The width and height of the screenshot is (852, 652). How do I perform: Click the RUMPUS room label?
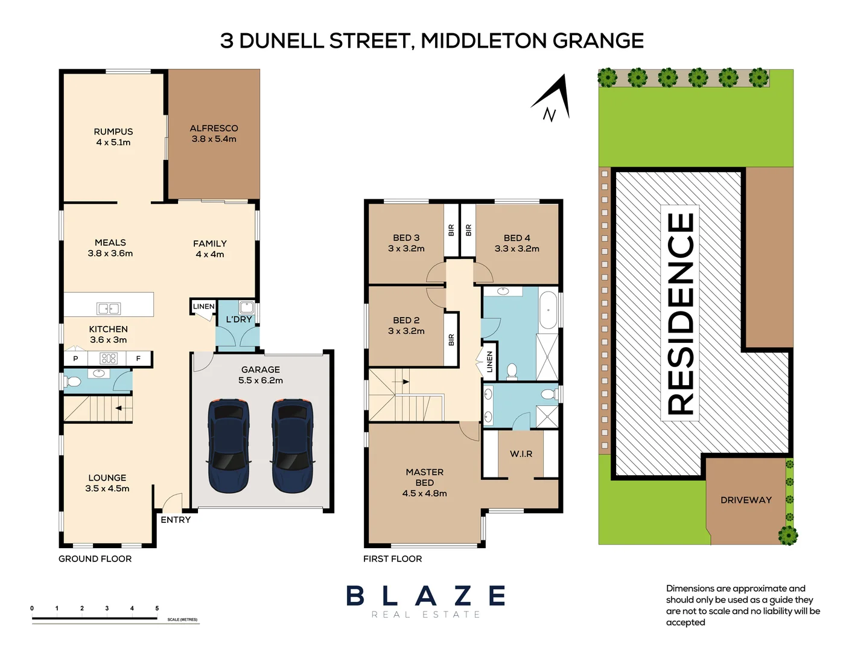[x=113, y=132]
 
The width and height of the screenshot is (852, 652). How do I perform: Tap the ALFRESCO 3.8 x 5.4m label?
[x=214, y=133]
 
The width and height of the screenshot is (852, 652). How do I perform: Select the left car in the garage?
[x=229, y=445]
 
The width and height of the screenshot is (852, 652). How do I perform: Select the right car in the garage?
[x=292, y=445]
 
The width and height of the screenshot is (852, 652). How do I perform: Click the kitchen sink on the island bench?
[x=109, y=308]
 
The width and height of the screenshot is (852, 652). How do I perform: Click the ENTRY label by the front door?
[x=176, y=520]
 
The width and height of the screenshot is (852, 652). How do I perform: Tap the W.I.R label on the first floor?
[x=521, y=454]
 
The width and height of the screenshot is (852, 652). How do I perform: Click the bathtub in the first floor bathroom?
[x=548, y=310]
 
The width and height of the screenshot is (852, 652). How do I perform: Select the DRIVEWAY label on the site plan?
[x=746, y=500]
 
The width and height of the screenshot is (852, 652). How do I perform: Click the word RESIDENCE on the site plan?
[x=681, y=314]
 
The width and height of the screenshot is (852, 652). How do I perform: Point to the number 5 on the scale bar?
[x=157, y=609]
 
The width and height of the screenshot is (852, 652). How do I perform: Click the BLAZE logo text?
[x=426, y=596]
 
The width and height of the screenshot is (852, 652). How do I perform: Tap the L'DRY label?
[x=238, y=319]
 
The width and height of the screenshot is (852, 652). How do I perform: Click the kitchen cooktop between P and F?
[x=109, y=359]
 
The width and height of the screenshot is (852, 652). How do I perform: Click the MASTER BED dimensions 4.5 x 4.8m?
[x=424, y=493]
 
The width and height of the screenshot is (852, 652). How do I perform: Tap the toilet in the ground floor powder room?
[x=73, y=382]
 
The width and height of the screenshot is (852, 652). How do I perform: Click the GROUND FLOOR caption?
[x=95, y=559]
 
